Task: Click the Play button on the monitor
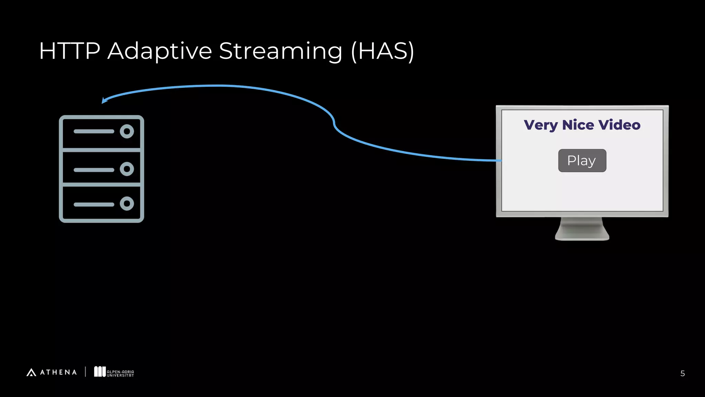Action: point(582,161)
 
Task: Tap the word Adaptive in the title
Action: point(159,51)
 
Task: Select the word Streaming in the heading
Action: point(281,51)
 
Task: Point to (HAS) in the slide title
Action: point(382,51)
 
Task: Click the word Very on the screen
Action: point(540,125)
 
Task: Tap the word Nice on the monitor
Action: point(578,125)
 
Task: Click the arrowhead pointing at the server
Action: point(104,100)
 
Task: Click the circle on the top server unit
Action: point(127,131)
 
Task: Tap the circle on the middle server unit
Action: point(127,169)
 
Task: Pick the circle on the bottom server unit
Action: point(127,204)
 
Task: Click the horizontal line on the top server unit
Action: point(94,131)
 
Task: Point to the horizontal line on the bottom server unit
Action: point(94,204)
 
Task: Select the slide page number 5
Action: point(682,374)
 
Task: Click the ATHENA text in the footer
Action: point(59,372)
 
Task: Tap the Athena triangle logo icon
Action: point(31,372)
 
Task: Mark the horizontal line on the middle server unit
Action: point(94,170)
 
